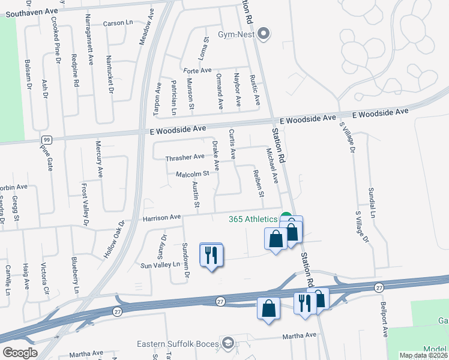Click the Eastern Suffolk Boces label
(178, 344)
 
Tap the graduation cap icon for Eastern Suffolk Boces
(228, 343)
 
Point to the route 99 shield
(46, 140)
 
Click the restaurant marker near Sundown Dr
(211, 255)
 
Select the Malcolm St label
(191, 174)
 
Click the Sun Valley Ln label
(160, 264)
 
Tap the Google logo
(20, 353)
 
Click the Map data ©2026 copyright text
(424, 355)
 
